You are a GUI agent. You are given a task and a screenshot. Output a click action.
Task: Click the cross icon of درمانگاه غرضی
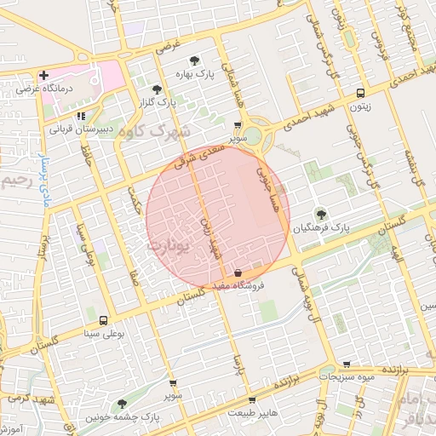pyautogui.click(x=43, y=76)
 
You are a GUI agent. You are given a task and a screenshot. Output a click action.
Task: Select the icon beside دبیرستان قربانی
pyautogui.click(x=81, y=116)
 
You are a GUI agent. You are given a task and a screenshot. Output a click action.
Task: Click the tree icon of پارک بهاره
pyautogui.click(x=196, y=60)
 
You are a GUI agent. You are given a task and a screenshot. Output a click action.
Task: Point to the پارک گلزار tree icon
pyautogui.click(x=155, y=89)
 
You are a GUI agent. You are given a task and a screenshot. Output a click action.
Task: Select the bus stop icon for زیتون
pyautogui.click(x=361, y=93)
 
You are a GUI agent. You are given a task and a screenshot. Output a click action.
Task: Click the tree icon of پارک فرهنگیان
pyautogui.click(x=320, y=214)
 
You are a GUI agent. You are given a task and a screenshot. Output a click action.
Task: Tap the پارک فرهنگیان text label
pyautogui.click(x=322, y=227)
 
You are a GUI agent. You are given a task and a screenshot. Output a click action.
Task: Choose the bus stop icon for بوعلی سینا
pyautogui.click(x=103, y=321)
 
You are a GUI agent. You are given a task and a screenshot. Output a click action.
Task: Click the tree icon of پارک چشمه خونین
pyautogui.click(x=123, y=404)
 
